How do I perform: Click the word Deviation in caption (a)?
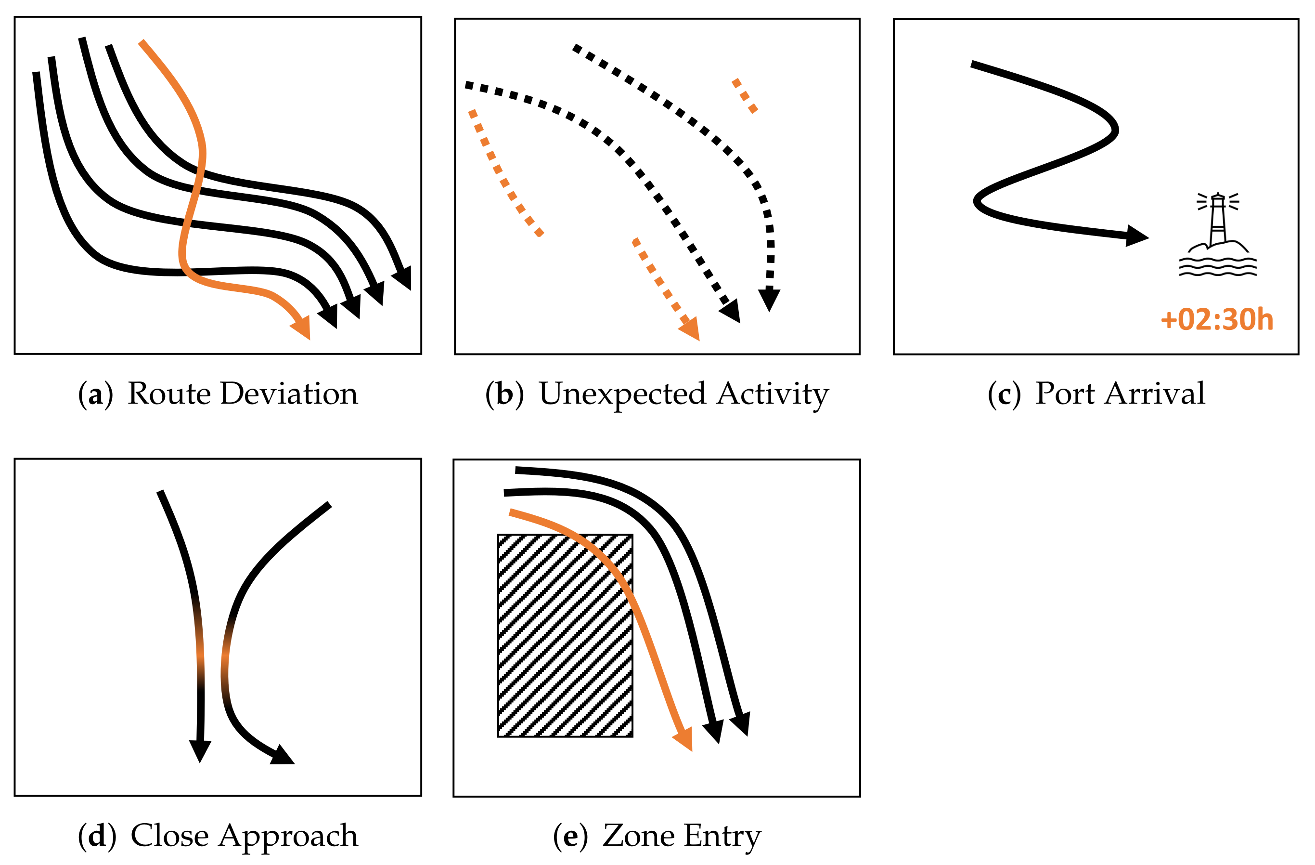pyautogui.click(x=289, y=393)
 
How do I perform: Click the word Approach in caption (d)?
pyautogui.click(x=288, y=835)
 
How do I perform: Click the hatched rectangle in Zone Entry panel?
pyautogui.click(x=565, y=636)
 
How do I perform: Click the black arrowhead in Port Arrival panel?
pyautogui.click(x=1136, y=236)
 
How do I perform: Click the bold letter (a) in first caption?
pyautogui.click(x=95, y=394)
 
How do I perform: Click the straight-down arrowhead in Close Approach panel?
pyautogui.click(x=200, y=750)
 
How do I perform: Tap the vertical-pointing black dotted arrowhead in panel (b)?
pyautogui.click(x=769, y=299)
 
